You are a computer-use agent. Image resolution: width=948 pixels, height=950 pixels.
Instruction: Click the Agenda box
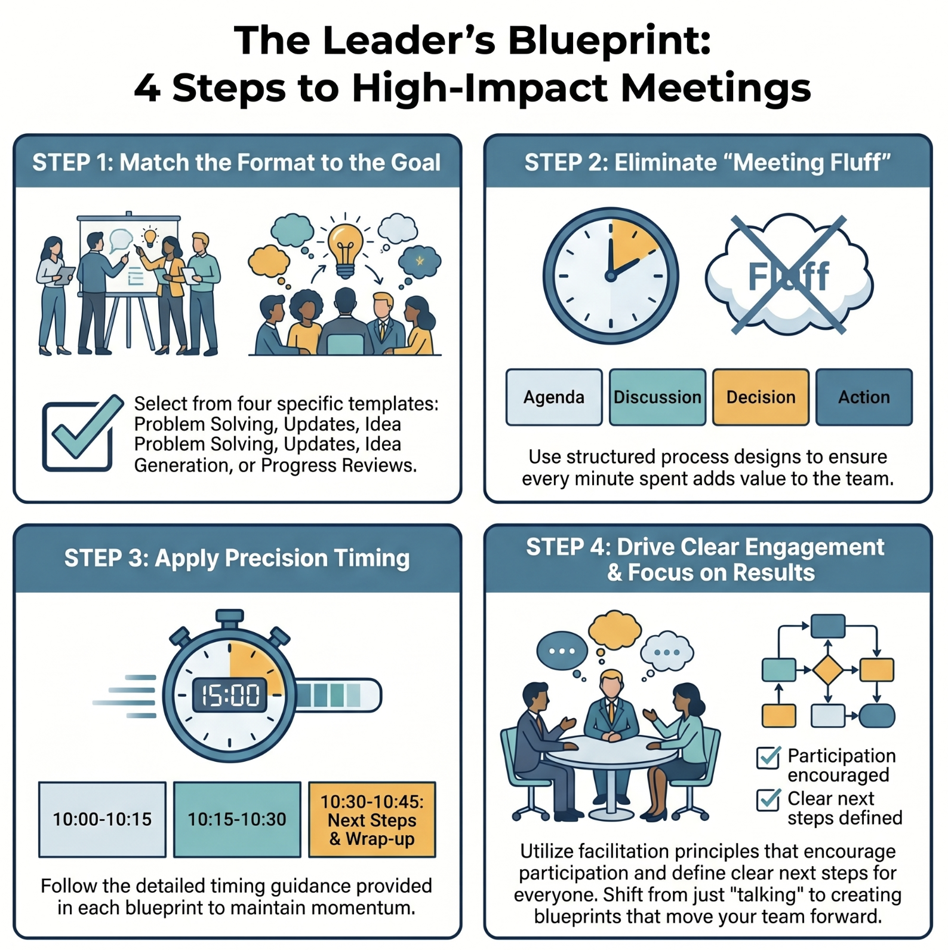pyautogui.click(x=554, y=397)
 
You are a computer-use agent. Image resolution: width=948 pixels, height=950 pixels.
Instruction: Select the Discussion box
pyautogui.click(x=657, y=397)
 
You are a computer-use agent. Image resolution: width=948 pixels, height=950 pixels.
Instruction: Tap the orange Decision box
pyautogui.click(x=761, y=397)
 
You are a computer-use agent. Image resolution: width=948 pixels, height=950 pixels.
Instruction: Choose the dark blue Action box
pyautogui.click(x=864, y=397)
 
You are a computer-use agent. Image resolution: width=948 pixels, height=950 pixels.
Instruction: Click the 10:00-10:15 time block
pyautogui.click(x=102, y=819)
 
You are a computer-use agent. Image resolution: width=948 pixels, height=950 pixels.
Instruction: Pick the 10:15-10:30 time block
pyautogui.click(x=237, y=819)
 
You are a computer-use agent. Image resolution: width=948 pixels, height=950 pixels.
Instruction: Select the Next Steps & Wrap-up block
pyautogui.click(x=372, y=819)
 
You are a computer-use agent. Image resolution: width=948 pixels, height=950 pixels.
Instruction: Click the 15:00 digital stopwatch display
pyautogui.click(x=230, y=695)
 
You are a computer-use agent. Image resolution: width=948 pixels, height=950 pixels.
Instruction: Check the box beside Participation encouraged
pyautogui.click(x=768, y=758)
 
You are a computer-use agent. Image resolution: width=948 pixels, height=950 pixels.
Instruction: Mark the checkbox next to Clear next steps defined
pyautogui.click(x=768, y=799)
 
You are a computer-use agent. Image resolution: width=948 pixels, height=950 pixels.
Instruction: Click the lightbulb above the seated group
pyautogui.click(x=345, y=250)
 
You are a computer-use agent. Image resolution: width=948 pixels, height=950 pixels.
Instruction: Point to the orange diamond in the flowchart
pyautogui.click(x=827, y=670)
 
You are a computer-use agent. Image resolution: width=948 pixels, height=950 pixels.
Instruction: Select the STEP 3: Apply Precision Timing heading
pyautogui.click(x=237, y=558)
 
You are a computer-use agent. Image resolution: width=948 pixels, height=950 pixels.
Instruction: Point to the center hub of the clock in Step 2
pyautogui.click(x=610, y=276)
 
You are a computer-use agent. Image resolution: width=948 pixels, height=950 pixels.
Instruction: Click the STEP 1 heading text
pyautogui.click(x=236, y=163)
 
